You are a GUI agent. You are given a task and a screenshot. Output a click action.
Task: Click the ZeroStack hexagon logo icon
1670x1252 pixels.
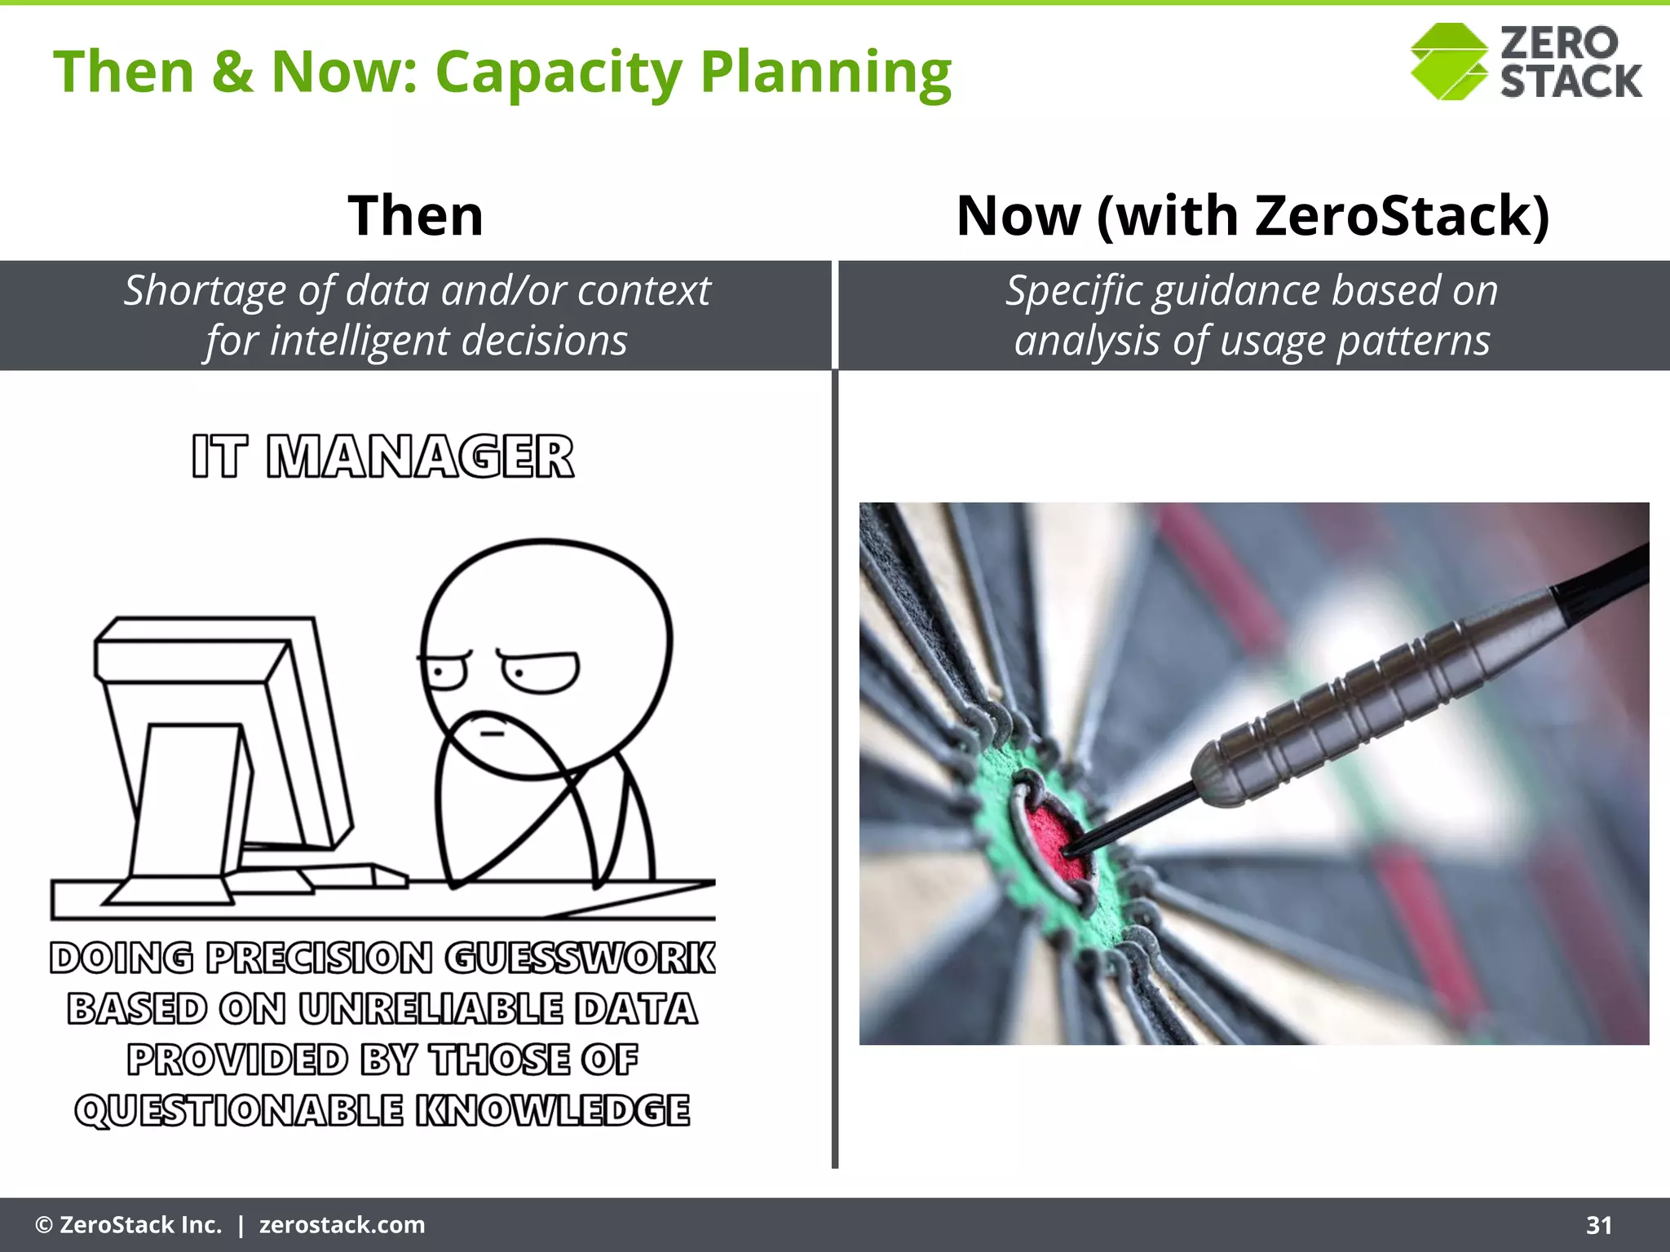1448,62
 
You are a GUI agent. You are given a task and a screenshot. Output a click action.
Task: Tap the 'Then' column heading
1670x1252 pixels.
416,216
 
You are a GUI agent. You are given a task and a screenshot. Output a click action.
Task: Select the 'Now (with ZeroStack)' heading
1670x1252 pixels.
1252,216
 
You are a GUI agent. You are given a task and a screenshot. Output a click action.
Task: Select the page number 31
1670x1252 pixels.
1599,1225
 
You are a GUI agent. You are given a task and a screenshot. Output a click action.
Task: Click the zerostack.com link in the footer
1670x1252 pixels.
342,1225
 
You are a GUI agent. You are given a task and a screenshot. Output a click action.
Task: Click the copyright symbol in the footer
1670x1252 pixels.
44,1225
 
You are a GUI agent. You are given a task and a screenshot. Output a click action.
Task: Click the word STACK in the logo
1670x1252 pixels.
1571,82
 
